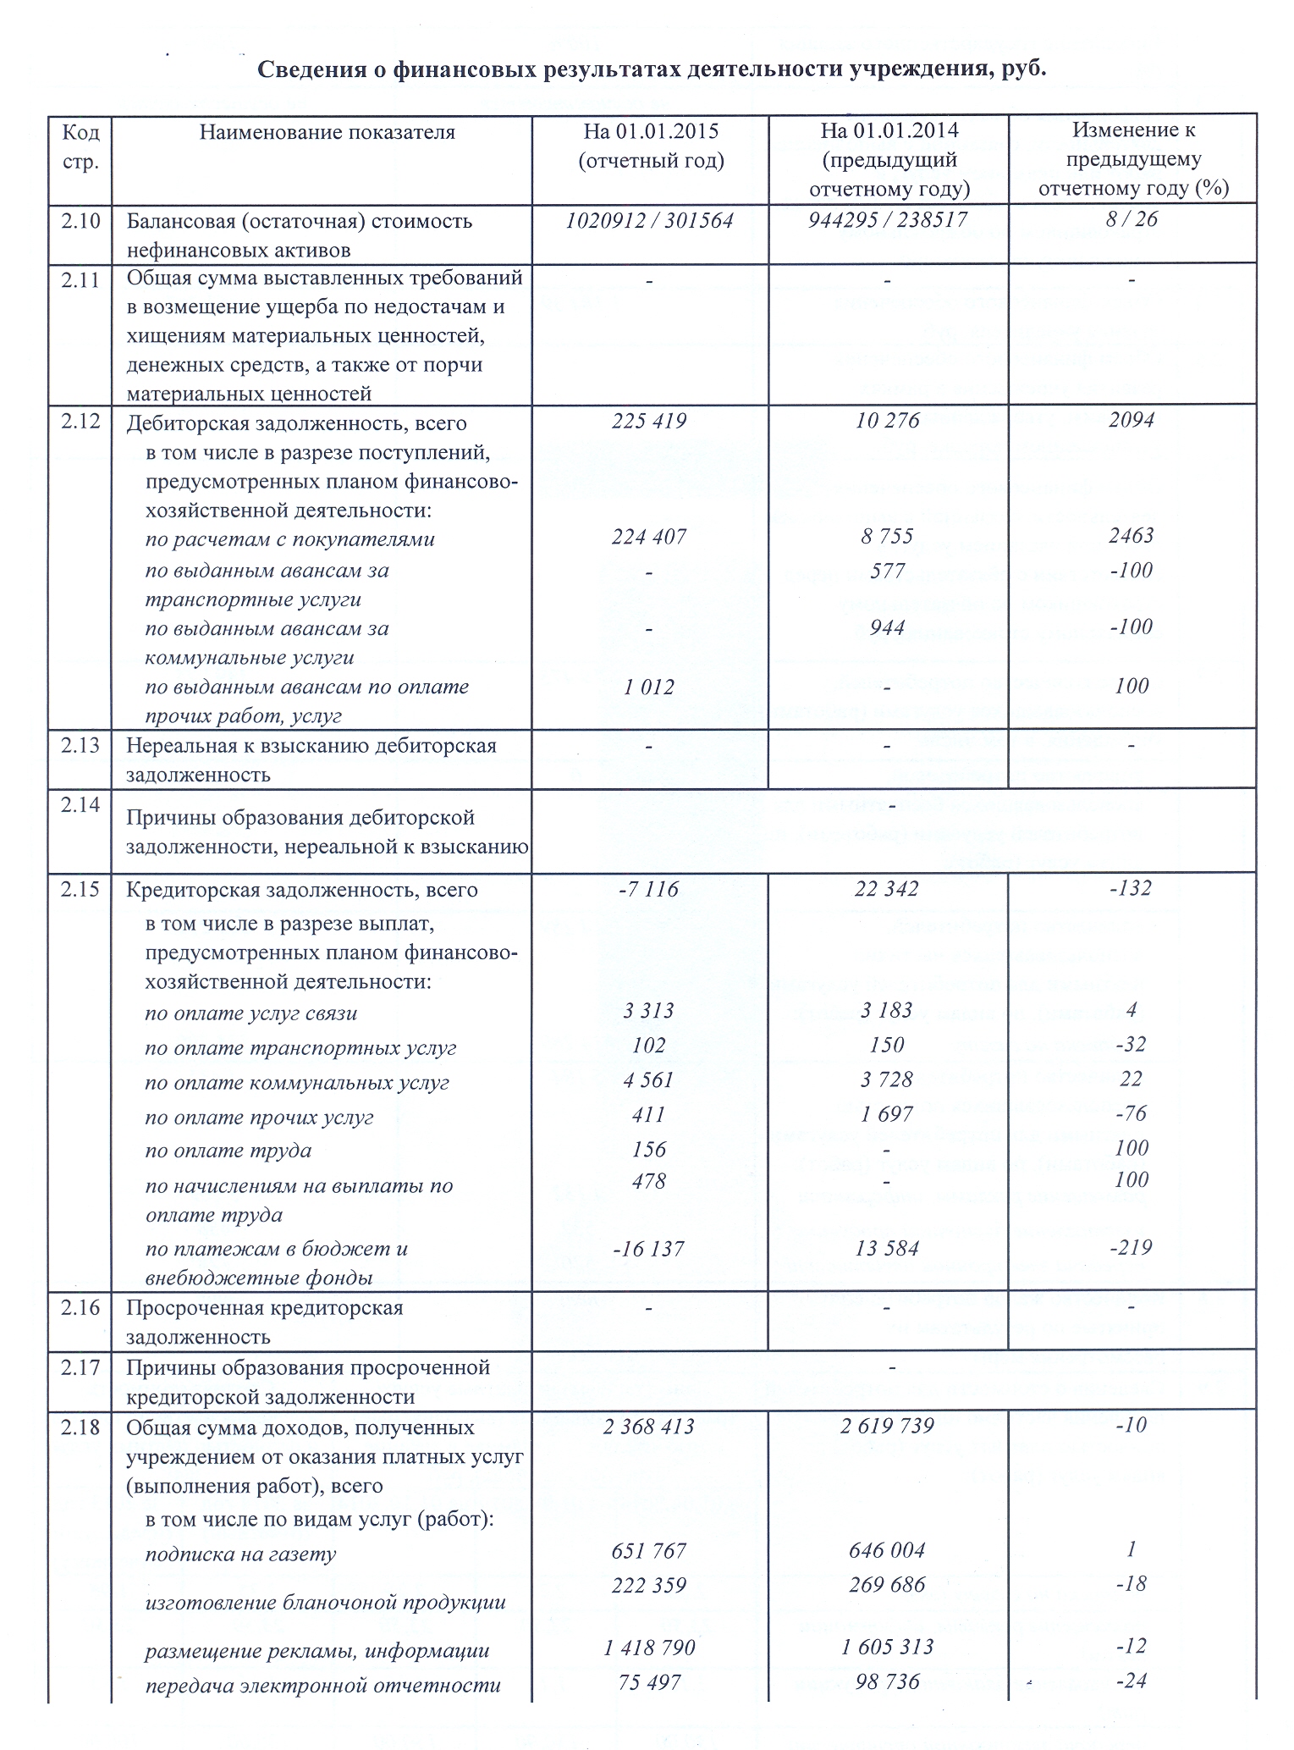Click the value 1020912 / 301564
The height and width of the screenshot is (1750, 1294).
tap(649, 221)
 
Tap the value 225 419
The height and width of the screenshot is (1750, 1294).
tap(649, 421)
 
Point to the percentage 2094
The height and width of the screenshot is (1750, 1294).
tap(1132, 420)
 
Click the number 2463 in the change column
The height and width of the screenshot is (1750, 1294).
tap(1132, 535)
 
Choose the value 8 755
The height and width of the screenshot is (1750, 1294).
tap(887, 537)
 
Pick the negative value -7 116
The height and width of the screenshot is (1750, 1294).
tap(649, 889)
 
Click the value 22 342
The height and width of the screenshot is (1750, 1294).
tap(887, 889)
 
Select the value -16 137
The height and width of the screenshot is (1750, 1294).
tap(649, 1249)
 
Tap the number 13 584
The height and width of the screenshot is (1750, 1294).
tap(887, 1249)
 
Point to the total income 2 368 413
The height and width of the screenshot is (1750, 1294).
tap(649, 1427)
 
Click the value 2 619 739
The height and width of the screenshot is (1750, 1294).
tap(887, 1427)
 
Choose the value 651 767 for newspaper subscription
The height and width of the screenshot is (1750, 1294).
tap(649, 1551)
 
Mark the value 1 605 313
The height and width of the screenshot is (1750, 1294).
tap(887, 1647)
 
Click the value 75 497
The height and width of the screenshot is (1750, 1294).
tap(649, 1681)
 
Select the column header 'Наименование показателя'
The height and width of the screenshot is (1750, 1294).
tap(327, 132)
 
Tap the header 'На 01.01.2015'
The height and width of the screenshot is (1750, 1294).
tap(651, 131)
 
